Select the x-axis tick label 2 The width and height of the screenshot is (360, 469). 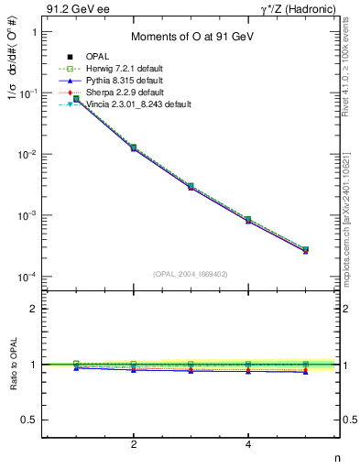pyautogui.click(x=134, y=444)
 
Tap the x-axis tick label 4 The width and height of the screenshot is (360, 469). pyautogui.click(x=249, y=444)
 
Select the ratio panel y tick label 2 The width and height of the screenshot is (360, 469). pyautogui.click(x=40, y=309)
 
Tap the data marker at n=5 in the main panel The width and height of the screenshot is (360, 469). pyautogui.click(x=306, y=249)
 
